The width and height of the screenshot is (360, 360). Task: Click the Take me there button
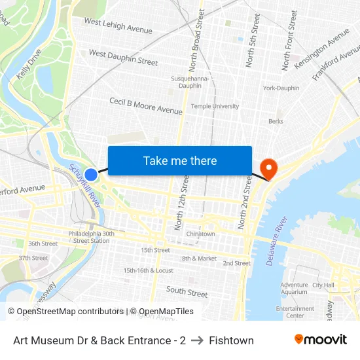coord(180,160)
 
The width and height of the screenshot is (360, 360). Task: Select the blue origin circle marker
coord(91,175)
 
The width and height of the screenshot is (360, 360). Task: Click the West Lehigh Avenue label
coord(118,26)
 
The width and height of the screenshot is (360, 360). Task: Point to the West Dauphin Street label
coord(123,58)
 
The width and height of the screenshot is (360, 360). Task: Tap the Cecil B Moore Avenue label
coord(145,106)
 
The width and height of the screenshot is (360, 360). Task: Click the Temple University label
coord(215,106)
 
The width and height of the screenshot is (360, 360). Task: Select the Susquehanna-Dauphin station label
coord(190,82)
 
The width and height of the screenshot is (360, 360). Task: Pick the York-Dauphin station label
coord(281,88)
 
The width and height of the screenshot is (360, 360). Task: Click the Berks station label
coord(276,121)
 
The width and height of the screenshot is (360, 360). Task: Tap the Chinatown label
coord(200,234)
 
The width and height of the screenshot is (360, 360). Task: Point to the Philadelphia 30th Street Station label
coord(91,237)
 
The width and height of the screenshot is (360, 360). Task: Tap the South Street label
coord(187,291)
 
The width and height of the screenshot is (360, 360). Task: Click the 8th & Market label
coord(199,259)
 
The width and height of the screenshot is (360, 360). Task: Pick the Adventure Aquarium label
coord(294,289)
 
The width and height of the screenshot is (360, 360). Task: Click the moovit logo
coord(320,340)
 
